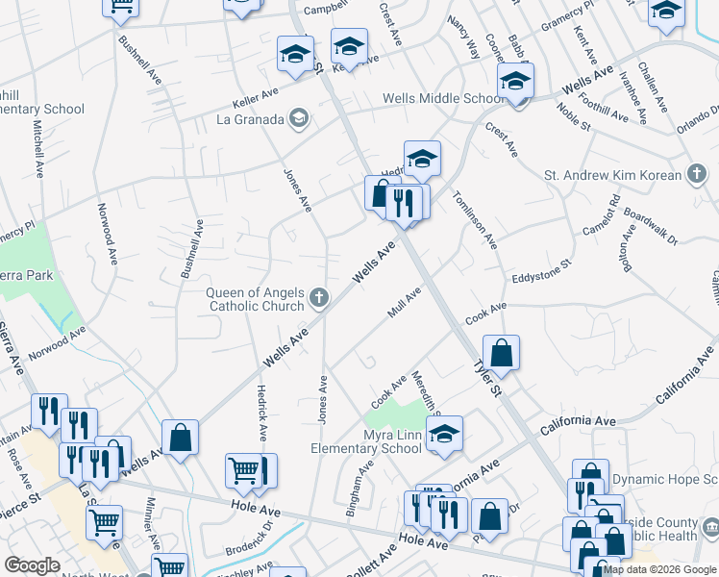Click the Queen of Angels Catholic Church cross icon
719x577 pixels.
point(320,299)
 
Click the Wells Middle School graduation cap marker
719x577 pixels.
point(515,83)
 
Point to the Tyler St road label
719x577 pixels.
point(487,376)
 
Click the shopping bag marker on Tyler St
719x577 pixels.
point(501,353)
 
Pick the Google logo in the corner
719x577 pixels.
point(32,565)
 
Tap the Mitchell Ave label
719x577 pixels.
point(39,147)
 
